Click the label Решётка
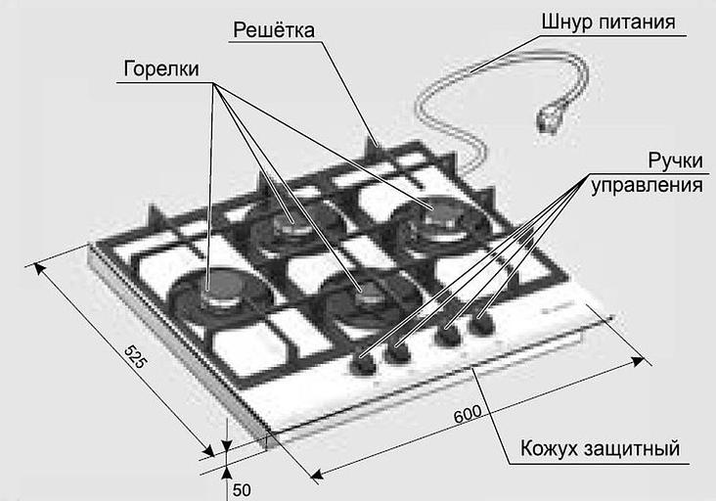(274, 30)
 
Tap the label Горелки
(161, 68)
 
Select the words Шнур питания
(608, 23)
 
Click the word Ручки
(675, 161)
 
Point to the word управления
(647, 186)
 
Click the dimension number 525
(136, 357)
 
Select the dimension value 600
(468, 414)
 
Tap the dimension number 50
(242, 490)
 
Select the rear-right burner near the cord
(439, 218)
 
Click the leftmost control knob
(363, 364)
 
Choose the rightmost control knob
(482, 323)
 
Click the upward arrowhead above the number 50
(227, 472)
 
